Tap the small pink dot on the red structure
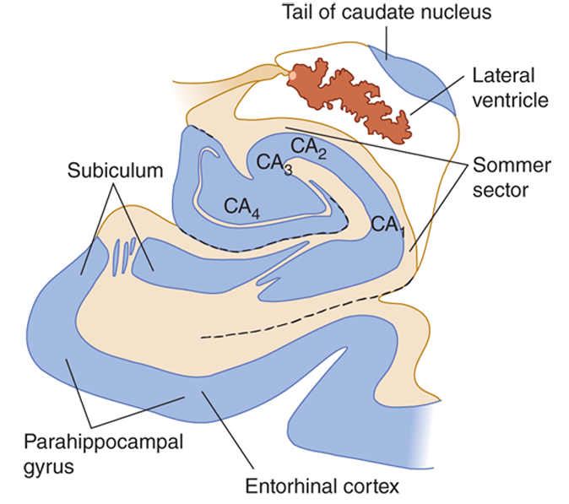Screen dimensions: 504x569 (x=292, y=75)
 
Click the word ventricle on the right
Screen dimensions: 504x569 (x=512, y=100)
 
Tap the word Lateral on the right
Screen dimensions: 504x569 (x=507, y=76)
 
